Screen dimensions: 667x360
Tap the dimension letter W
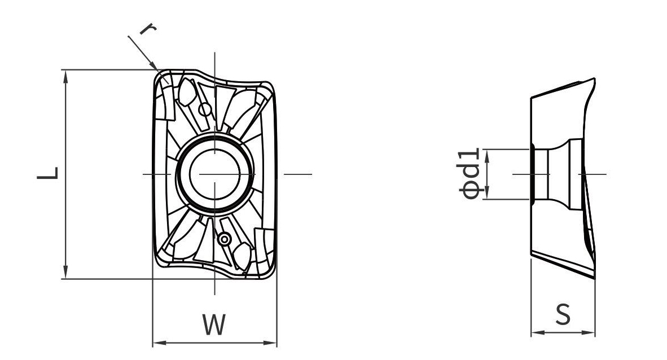point(214,324)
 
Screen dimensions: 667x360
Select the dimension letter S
point(563,315)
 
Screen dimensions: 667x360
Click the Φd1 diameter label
point(470,174)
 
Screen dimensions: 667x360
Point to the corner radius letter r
point(147,29)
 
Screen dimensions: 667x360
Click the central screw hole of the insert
point(215,174)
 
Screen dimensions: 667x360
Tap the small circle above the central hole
point(205,109)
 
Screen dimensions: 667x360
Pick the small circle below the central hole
point(224,240)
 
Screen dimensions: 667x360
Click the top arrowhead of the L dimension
point(65,76)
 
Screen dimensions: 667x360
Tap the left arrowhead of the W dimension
point(159,343)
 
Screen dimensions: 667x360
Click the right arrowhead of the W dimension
point(270,343)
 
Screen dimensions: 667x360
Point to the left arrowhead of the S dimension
point(537,333)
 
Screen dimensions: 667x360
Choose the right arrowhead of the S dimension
point(589,333)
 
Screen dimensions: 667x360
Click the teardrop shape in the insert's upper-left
point(186,92)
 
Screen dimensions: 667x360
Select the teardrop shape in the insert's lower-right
point(243,257)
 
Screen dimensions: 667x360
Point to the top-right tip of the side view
point(594,79)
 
